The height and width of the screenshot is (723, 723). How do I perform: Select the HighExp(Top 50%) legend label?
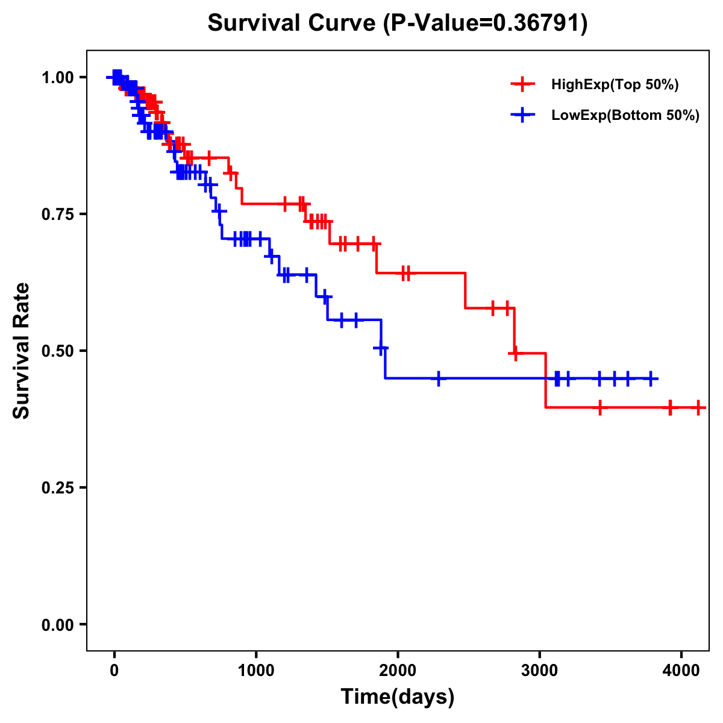[x=615, y=85]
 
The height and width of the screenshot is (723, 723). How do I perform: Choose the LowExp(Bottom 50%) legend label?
[x=625, y=116]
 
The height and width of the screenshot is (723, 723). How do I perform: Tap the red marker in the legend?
[x=523, y=84]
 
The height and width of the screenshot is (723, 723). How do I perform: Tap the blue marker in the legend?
[x=523, y=115]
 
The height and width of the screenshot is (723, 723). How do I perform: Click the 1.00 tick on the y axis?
[x=58, y=77]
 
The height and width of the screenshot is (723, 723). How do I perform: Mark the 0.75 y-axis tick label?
[x=58, y=214]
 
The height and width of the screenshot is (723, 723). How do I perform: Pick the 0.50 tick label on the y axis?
[x=58, y=351]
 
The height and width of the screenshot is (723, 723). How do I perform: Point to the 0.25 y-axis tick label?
[x=58, y=487]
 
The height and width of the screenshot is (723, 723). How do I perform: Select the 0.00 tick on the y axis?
[x=58, y=624]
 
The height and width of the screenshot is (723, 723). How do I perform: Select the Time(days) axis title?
[x=398, y=697]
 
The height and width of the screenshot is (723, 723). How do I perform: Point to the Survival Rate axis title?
[x=22, y=351]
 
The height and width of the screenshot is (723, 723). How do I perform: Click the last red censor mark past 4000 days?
[x=698, y=408]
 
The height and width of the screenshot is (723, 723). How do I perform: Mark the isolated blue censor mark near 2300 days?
[x=438, y=379]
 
